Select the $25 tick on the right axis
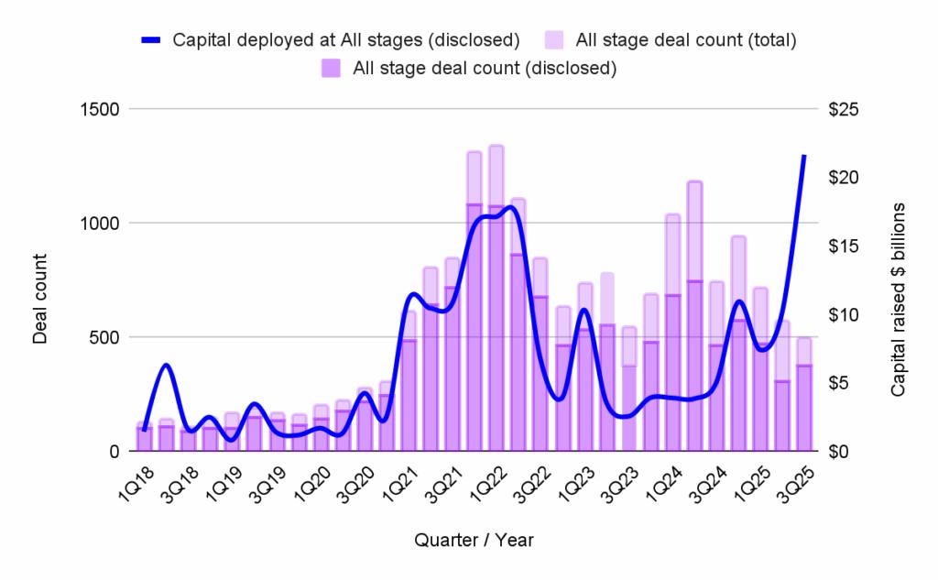843,109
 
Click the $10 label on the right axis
843,314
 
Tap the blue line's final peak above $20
804,157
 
